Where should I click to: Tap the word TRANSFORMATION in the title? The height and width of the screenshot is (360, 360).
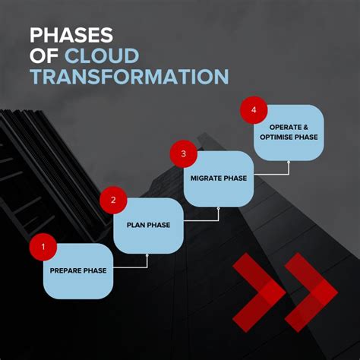pos(128,77)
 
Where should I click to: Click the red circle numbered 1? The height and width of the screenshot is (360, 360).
pos(43,246)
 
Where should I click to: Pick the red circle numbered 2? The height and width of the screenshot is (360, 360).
pos(113,201)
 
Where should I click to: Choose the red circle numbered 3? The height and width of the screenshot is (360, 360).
pos(183,155)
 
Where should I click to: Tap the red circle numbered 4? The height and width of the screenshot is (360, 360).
pos(254,111)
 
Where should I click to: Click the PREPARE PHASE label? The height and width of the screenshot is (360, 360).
pos(78,270)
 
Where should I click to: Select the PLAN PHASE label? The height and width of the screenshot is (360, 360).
pos(148,225)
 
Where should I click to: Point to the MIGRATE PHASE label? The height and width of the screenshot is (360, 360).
pos(219,179)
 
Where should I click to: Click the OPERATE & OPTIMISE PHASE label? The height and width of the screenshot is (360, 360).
pos(289,132)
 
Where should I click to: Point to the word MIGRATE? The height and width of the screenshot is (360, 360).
pos(204,179)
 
